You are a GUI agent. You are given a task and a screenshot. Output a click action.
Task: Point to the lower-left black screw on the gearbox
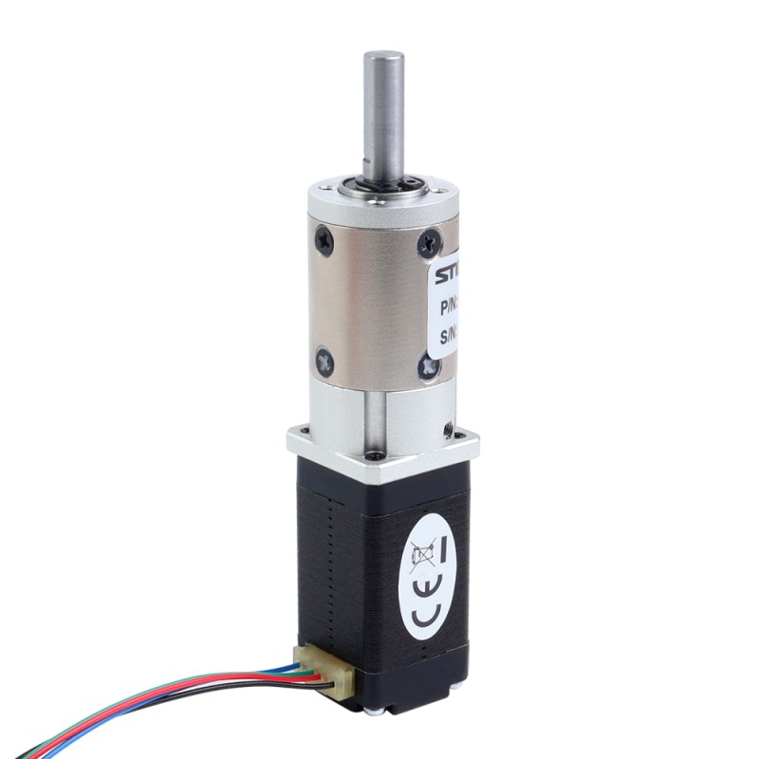click(326, 360)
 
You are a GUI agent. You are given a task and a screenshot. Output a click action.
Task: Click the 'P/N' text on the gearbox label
click(448, 308)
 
